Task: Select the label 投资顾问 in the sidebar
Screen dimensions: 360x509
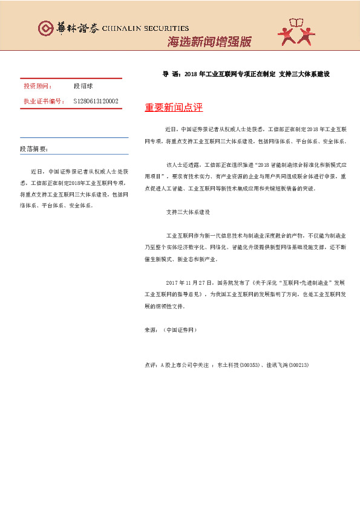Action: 38,87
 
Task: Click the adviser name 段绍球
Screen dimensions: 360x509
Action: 83,87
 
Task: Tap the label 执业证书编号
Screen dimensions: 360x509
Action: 44,101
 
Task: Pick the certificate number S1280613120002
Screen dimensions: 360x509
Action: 96,101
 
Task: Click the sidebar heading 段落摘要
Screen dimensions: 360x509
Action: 34,149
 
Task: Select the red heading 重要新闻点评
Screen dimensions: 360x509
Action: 174,108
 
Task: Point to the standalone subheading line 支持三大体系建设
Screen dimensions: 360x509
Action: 188,212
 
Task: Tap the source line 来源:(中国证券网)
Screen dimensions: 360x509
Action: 171,331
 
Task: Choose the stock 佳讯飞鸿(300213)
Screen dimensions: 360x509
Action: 287,365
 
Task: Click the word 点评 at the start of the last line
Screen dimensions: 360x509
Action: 151,365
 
